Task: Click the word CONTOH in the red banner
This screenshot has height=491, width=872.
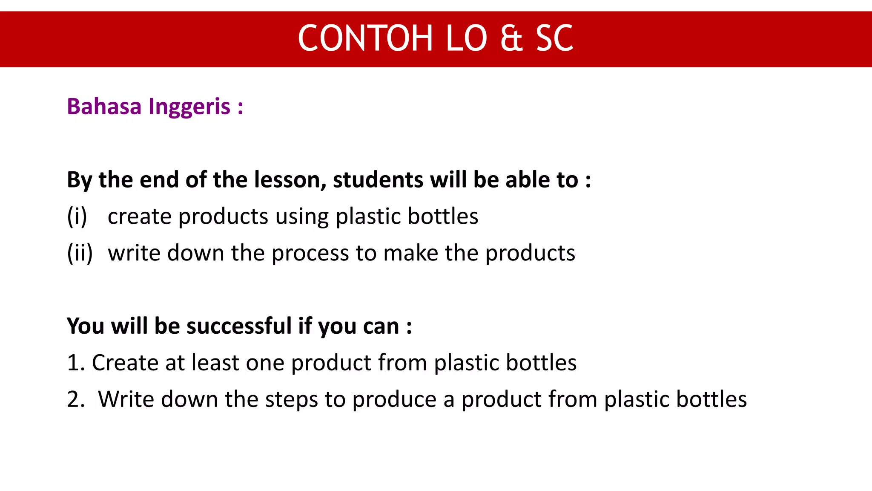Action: point(365,38)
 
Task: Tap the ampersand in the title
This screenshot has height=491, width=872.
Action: point(511,38)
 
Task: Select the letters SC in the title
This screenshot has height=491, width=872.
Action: point(554,38)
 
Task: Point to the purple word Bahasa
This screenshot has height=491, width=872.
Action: point(104,106)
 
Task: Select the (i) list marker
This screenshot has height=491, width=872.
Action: point(77,216)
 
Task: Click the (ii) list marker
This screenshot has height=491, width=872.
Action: point(80,253)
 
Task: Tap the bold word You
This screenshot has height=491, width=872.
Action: point(86,326)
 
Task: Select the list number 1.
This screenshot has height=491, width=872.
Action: point(73,363)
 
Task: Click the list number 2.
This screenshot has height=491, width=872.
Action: point(74,399)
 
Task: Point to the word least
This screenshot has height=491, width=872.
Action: point(215,363)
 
